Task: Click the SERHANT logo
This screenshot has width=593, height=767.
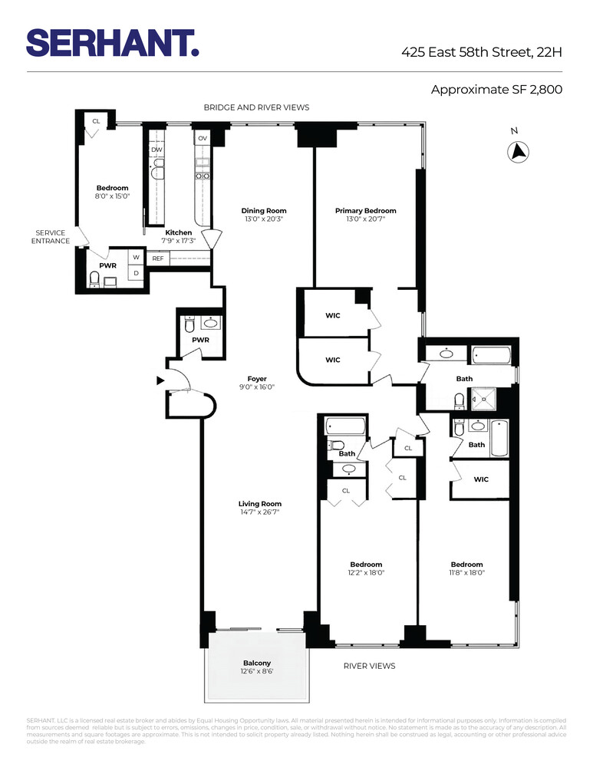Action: (x=113, y=43)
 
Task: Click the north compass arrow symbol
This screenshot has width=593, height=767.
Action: (x=519, y=151)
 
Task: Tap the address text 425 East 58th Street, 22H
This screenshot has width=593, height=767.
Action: (x=482, y=53)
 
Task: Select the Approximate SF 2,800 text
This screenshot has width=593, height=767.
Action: (x=496, y=90)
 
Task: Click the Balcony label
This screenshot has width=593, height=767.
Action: (x=257, y=663)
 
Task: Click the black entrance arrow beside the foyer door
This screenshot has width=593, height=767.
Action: (x=160, y=380)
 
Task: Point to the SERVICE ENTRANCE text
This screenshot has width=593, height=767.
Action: (x=51, y=237)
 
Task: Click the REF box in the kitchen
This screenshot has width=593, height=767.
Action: (x=158, y=258)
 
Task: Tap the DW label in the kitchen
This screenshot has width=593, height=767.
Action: (x=156, y=150)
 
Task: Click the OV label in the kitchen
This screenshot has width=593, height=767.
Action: (x=203, y=138)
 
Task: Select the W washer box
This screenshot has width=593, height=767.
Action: (x=136, y=258)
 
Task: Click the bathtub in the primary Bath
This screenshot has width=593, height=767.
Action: (x=491, y=355)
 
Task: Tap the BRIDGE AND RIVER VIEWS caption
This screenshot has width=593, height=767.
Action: (x=256, y=108)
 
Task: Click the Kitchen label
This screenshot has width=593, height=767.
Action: (x=179, y=232)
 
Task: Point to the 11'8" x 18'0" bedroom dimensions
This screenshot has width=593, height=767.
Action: (x=466, y=572)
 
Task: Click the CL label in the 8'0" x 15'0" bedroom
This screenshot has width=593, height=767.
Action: (x=97, y=121)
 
